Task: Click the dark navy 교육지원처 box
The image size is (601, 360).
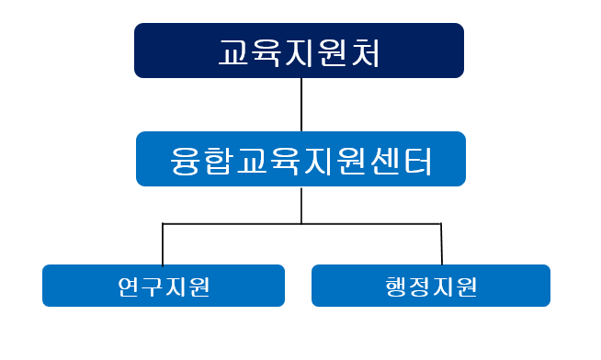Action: (299, 51)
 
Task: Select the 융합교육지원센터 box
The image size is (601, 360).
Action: (300, 159)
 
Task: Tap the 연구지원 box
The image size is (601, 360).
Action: (164, 286)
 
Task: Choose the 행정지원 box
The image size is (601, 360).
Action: (431, 286)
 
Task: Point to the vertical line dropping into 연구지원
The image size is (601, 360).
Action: (163, 244)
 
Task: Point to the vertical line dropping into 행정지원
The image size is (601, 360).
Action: (441, 244)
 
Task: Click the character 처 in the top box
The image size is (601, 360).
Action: (365, 52)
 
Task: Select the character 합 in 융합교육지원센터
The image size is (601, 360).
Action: (221, 160)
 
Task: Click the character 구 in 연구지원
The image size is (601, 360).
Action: (152, 287)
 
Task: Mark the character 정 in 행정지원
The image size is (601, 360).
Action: (420, 287)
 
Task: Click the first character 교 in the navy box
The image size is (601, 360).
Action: (235, 52)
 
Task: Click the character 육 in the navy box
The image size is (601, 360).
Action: (267, 52)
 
